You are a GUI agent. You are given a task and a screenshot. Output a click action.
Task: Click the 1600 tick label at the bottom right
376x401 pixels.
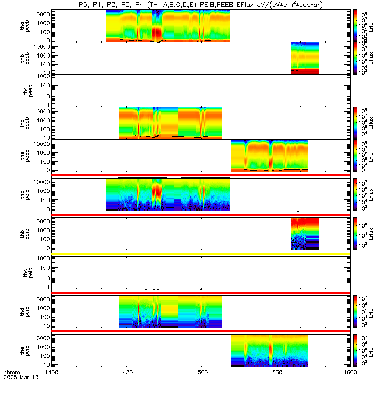click(350, 373)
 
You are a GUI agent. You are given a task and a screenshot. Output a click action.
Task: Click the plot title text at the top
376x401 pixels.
click(201, 5)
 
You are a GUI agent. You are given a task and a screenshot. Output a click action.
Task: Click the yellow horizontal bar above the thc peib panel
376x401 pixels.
click(201, 254)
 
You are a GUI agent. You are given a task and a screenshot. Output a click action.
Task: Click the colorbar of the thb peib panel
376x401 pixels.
click(355, 234)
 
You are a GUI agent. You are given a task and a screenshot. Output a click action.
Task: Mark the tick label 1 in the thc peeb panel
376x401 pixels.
click(47, 105)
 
